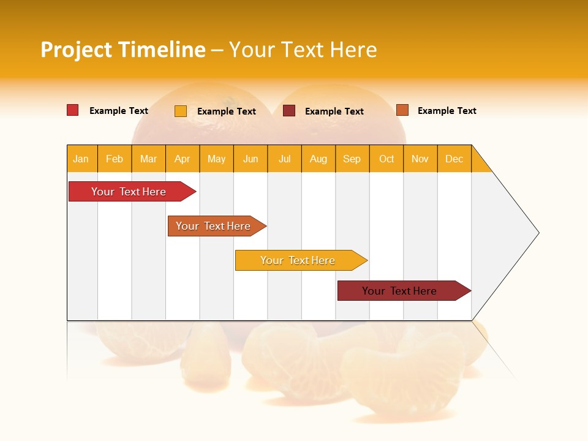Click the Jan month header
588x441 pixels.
pos(81,159)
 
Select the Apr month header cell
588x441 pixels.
pos(183,159)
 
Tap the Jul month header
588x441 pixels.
pos(284,159)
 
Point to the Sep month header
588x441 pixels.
pos(352,159)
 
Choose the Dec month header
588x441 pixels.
pos(454,159)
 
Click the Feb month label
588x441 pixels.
pos(115,159)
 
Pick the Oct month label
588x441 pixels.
pos(386,159)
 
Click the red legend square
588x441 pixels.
pos(73,110)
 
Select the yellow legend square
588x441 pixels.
pos(181,111)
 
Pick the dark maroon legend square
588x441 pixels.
pos(289,111)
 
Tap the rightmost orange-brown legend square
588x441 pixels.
pos(402,110)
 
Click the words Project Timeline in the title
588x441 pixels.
pos(123,50)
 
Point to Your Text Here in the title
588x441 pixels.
pos(303,50)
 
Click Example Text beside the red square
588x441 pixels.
pos(119,111)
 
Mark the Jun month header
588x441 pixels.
pos(251,159)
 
